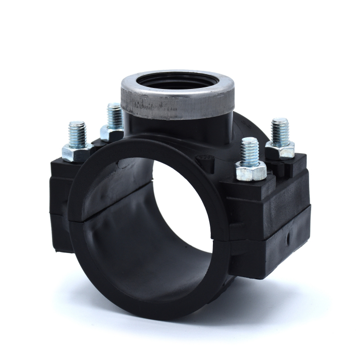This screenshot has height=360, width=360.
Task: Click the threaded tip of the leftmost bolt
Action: tap(77, 131)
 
